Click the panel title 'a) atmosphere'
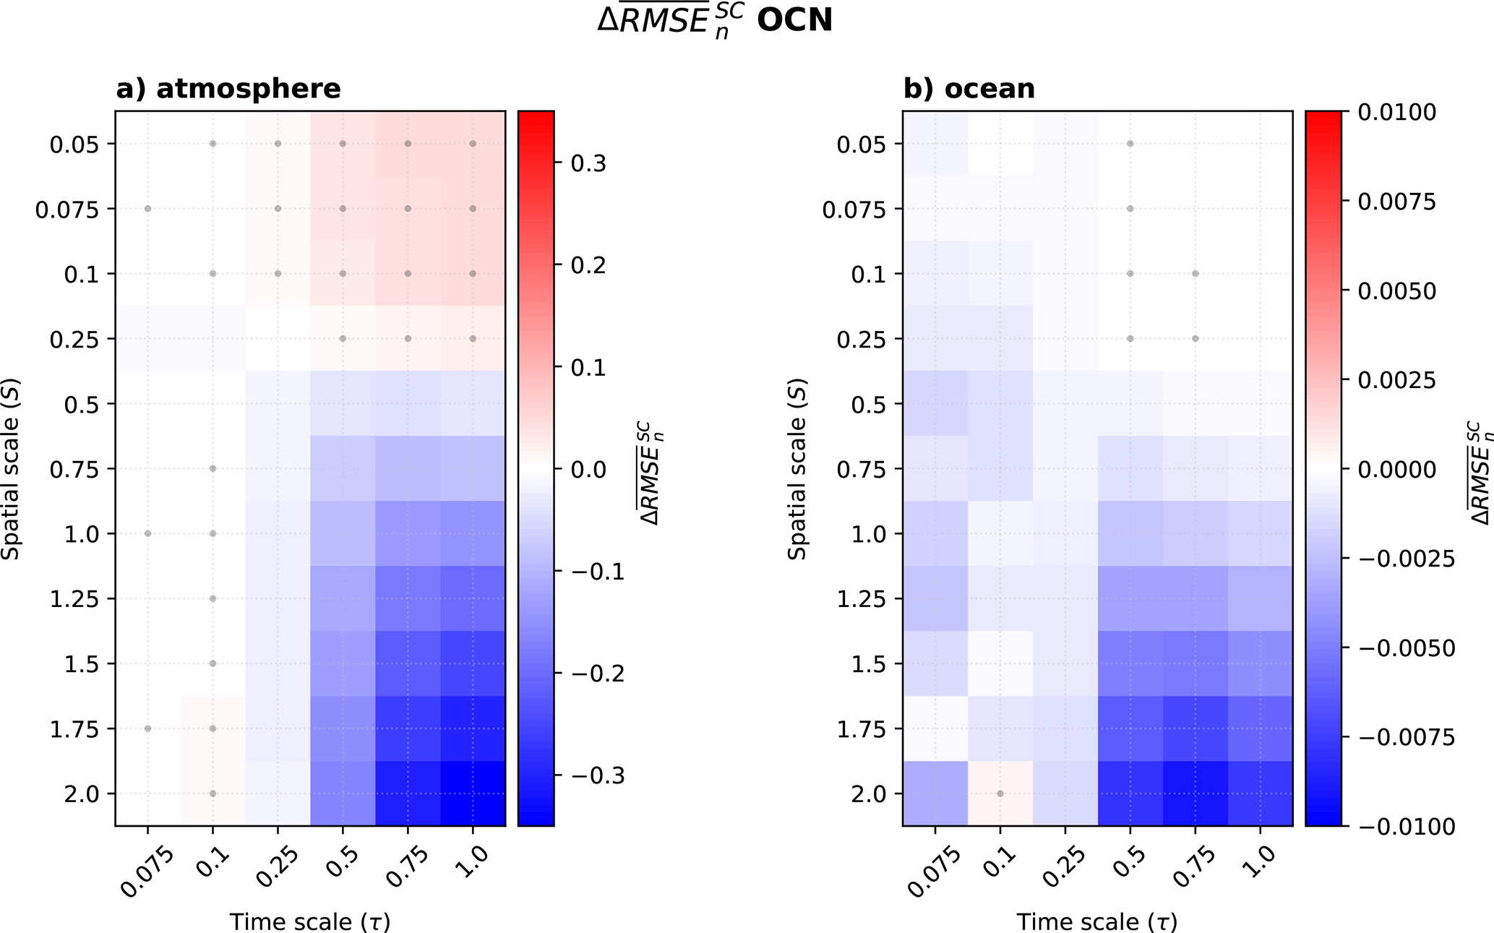pos(228,89)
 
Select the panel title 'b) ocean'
pos(969,89)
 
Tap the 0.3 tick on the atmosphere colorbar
pos(588,163)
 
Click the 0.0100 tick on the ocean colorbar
pos(1396,112)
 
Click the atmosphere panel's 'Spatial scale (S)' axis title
pos(11,468)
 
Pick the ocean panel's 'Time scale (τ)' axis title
pos(1096,921)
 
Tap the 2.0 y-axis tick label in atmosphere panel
pos(81,794)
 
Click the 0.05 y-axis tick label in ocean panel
pos(860,145)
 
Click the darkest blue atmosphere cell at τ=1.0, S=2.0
pos(473,794)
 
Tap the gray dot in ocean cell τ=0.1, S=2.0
pos(1000,794)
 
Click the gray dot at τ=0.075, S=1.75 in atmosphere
pos(148,728)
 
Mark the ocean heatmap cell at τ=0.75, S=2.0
pos(1195,794)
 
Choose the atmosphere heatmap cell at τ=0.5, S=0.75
pos(343,468)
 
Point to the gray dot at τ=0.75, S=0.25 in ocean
pos(1195,338)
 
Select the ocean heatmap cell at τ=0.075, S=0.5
pos(935,403)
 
